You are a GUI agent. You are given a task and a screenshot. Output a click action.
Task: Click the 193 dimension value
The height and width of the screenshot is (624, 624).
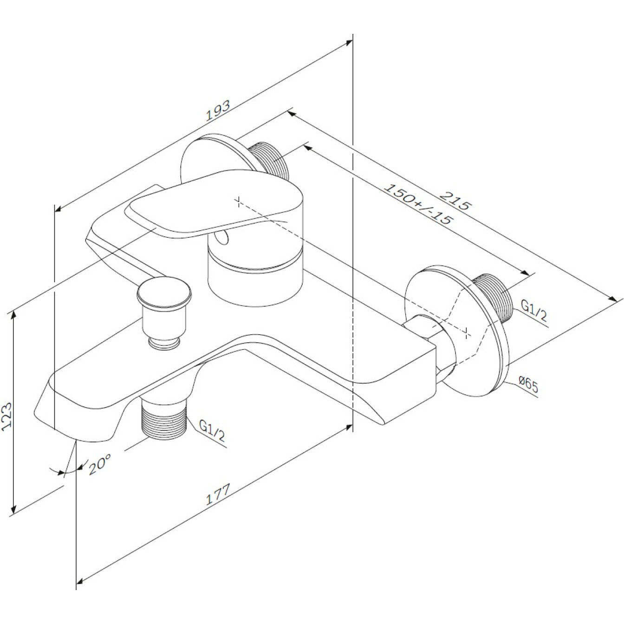click(x=218, y=110)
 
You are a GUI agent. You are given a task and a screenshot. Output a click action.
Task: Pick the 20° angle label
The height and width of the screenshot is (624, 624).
click(x=100, y=464)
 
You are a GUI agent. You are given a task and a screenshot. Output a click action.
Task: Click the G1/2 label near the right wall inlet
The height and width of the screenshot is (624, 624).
click(x=533, y=311)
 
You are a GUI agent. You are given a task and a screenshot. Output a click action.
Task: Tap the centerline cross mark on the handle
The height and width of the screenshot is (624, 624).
click(x=239, y=201)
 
